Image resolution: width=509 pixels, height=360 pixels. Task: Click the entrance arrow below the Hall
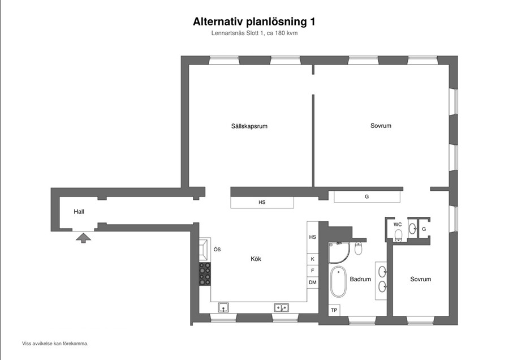(x=84, y=238)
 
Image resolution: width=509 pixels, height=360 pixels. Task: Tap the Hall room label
(x=79, y=212)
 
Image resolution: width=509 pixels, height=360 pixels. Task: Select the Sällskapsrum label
(x=249, y=126)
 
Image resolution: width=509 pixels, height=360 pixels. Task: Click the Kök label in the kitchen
(x=256, y=259)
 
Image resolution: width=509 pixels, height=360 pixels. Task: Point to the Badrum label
(x=360, y=279)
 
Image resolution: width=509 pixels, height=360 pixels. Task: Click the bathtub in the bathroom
(x=338, y=282)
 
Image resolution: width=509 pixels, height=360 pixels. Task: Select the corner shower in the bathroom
(x=339, y=252)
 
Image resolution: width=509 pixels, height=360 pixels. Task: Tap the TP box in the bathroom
(x=334, y=310)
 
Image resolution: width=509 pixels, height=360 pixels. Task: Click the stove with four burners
(x=205, y=274)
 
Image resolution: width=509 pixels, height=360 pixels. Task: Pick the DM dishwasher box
(x=313, y=282)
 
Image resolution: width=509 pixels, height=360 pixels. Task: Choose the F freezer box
(x=313, y=271)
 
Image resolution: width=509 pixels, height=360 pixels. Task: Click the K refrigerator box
(x=313, y=259)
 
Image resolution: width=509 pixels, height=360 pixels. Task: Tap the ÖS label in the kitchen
(x=217, y=250)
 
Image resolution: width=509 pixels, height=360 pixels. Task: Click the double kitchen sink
(x=282, y=307)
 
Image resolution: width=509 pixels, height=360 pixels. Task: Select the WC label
(x=398, y=225)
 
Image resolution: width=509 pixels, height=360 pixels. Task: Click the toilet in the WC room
(x=398, y=235)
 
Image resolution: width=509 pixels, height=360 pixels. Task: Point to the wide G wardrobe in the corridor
(x=367, y=196)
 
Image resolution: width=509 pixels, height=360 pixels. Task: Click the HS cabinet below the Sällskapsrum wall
(x=262, y=202)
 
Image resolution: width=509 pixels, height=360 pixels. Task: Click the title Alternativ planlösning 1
(x=254, y=22)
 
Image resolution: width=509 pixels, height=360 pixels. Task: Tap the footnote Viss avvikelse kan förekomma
(x=55, y=344)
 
